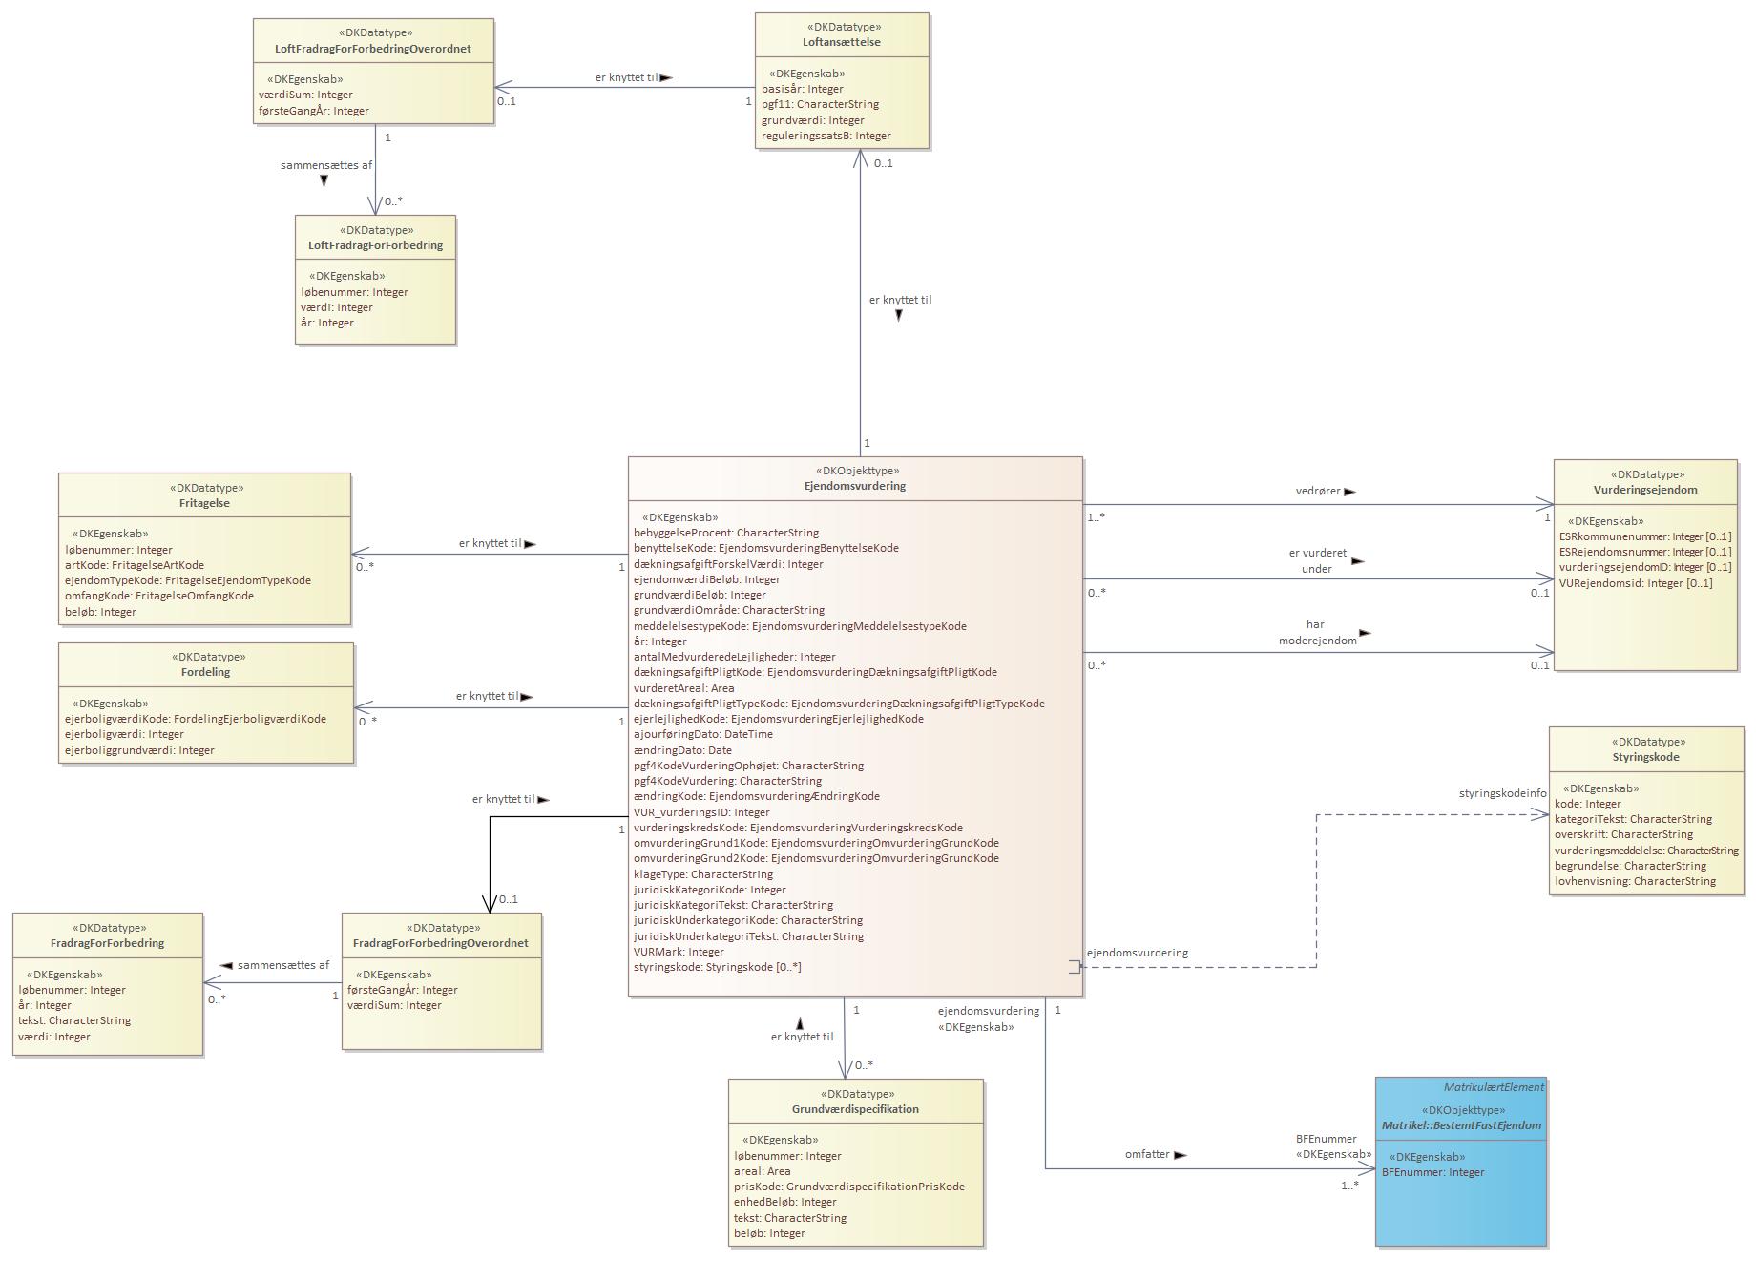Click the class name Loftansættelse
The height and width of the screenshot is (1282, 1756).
click(x=841, y=42)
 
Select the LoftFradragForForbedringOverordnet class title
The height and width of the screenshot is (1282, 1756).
click(x=373, y=49)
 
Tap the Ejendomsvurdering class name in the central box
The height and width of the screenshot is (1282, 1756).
click(x=855, y=486)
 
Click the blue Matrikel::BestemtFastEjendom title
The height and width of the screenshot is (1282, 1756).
click(x=1461, y=1125)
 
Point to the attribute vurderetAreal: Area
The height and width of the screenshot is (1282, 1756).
click(x=683, y=688)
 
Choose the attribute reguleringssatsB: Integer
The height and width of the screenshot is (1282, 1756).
click(x=826, y=136)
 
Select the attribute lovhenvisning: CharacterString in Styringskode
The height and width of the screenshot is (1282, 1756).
click(x=1635, y=881)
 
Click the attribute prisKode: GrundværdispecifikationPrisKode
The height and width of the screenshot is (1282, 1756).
click(x=848, y=1187)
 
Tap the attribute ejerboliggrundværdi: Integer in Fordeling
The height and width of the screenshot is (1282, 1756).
click(x=139, y=750)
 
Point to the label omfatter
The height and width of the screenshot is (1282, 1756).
click(x=1147, y=1154)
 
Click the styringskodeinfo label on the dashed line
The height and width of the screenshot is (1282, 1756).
click(x=1502, y=793)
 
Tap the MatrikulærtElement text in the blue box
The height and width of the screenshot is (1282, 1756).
click(x=1493, y=1087)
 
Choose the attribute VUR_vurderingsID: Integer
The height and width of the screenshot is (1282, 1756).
click(x=701, y=812)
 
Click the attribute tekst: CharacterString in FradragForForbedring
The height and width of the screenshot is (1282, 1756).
click(x=74, y=1020)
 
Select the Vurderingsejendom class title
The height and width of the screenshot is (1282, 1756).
click(x=1644, y=490)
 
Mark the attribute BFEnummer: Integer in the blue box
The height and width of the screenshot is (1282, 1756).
click(x=1432, y=1172)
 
